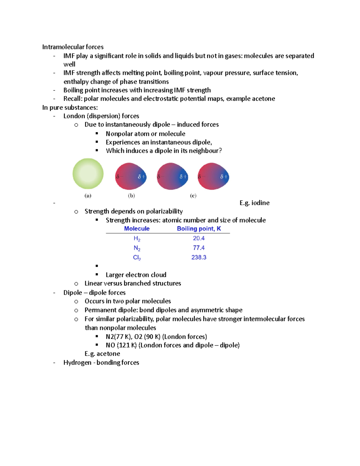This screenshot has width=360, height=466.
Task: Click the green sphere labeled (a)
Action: click(88, 174)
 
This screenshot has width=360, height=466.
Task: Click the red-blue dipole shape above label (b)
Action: click(131, 176)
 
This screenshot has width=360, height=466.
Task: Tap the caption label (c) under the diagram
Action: click(193, 196)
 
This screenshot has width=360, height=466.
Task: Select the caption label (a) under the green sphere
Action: click(88, 196)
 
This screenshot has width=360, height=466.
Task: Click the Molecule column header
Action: click(137, 229)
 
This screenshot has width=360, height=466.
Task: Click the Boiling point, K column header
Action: click(199, 229)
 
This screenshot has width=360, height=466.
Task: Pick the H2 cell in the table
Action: click(137, 239)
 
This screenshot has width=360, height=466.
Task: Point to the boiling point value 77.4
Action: click(199, 248)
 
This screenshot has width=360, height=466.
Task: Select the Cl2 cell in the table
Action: click(137, 257)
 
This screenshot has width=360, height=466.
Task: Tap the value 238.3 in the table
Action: click(199, 257)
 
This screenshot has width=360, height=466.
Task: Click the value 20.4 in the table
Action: click(199, 238)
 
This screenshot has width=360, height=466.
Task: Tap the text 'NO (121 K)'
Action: click(121, 345)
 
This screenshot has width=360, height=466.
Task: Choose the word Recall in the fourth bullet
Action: click(73, 99)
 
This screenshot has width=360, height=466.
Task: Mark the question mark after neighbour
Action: click(220, 151)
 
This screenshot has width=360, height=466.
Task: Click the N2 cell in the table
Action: click(137, 248)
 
